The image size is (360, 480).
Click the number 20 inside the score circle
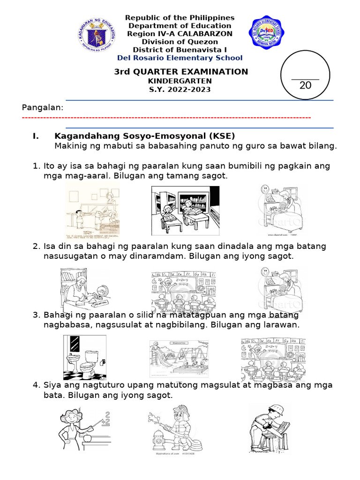point(305,85)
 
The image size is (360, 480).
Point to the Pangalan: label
point(43,108)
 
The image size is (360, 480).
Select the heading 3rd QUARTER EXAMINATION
point(181,72)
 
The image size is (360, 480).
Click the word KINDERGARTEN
point(180,81)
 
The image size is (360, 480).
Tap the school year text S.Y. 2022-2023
point(180,90)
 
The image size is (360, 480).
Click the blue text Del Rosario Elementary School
point(180,58)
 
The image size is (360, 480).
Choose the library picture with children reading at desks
point(185,210)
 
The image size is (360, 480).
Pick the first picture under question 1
point(92,210)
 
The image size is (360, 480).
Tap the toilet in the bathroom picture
point(88,363)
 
